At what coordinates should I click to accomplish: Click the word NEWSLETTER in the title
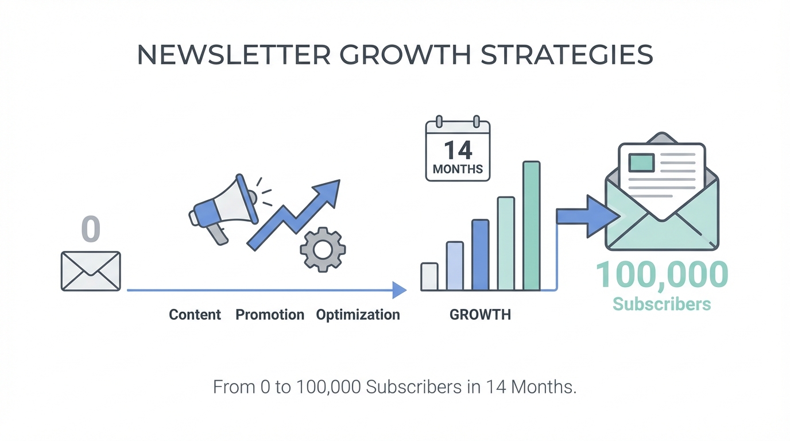pyautogui.click(x=234, y=55)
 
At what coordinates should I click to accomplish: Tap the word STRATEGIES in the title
pyautogui.click(x=567, y=55)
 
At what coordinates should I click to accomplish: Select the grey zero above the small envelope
pyautogui.click(x=91, y=229)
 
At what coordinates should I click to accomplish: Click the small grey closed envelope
pyautogui.click(x=91, y=271)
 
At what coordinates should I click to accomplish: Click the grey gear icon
pyautogui.click(x=323, y=250)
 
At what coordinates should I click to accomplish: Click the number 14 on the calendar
pyautogui.click(x=458, y=150)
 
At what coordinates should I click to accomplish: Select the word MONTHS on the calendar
pyautogui.click(x=458, y=169)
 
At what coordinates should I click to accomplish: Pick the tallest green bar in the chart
pyautogui.click(x=532, y=226)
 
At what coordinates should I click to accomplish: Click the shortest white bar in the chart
pyautogui.click(x=429, y=277)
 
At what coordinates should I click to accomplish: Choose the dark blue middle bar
pyautogui.click(x=481, y=255)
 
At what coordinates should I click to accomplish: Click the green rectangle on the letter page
pyautogui.click(x=641, y=163)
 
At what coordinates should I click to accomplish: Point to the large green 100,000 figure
pyautogui.click(x=661, y=275)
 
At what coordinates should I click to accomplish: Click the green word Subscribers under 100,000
pyautogui.click(x=661, y=304)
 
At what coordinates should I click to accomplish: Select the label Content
pyautogui.click(x=195, y=314)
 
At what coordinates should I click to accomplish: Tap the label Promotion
pyautogui.click(x=270, y=314)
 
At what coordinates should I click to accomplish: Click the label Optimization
pyautogui.click(x=358, y=315)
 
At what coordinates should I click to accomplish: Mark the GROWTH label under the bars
pyautogui.click(x=480, y=314)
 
